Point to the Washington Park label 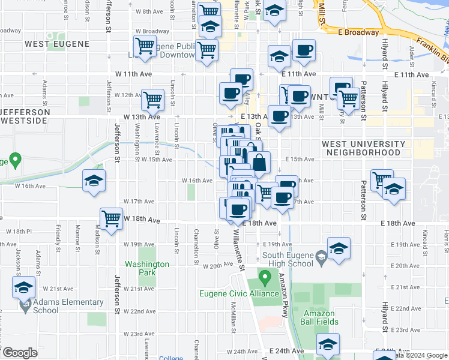click(x=146, y=268)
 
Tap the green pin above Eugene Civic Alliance click(x=265, y=278)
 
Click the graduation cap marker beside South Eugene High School click(x=339, y=249)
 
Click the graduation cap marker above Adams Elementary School click(x=24, y=288)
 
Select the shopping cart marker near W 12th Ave click(x=152, y=99)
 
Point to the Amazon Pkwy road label click(x=283, y=293)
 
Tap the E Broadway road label click(x=358, y=32)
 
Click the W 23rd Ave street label click(x=139, y=334)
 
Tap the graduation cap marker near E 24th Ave click(x=328, y=345)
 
